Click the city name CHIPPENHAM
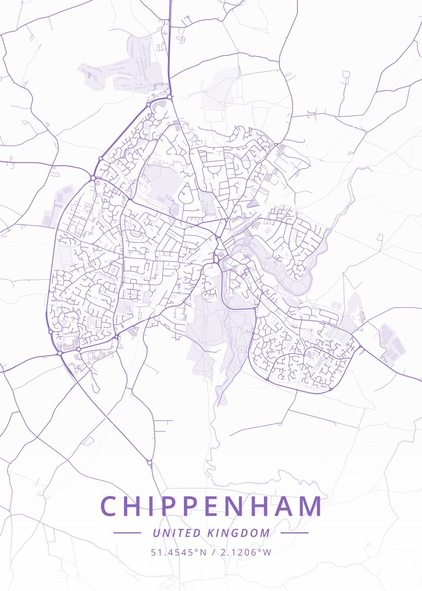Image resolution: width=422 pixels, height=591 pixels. pos(211,506)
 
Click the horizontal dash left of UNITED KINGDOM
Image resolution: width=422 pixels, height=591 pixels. pos(127,533)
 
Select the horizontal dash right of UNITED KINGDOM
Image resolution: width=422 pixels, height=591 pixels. pos(294,533)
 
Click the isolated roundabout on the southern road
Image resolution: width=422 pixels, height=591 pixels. pos(149,462)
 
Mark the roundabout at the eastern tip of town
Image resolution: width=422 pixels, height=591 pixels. pos(361,347)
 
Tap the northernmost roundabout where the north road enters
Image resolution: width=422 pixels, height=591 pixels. pos(170,98)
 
